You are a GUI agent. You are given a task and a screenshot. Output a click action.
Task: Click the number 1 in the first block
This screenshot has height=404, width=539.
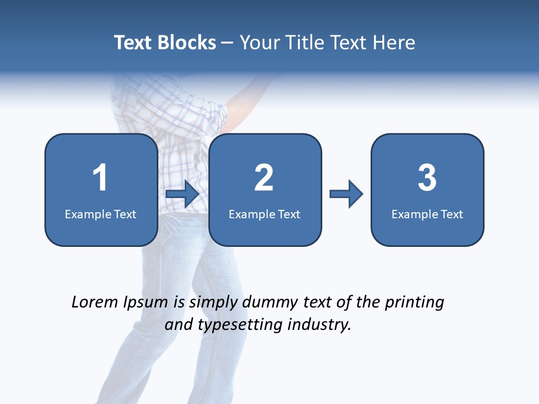tap(100, 178)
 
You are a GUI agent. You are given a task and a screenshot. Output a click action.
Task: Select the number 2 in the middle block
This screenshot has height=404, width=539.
tap(264, 178)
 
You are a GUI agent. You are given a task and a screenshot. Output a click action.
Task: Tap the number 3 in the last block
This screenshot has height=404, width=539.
tap(427, 178)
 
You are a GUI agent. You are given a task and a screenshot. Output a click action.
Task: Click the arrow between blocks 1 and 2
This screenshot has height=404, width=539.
tap(182, 194)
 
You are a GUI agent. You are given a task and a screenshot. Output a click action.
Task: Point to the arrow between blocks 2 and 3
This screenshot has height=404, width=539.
tap(346, 194)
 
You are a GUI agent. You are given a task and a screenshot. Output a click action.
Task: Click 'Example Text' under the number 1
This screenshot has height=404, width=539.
tap(101, 214)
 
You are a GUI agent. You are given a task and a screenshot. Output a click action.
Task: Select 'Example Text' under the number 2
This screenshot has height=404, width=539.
tap(264, 214)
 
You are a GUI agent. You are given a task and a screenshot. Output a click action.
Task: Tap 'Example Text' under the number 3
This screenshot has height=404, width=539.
tap(427, 214)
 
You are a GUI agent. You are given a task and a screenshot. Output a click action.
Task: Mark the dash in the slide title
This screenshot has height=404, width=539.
tap(228, 43)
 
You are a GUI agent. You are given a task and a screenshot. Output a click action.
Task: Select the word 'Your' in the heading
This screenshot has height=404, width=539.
tap(259, 43)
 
